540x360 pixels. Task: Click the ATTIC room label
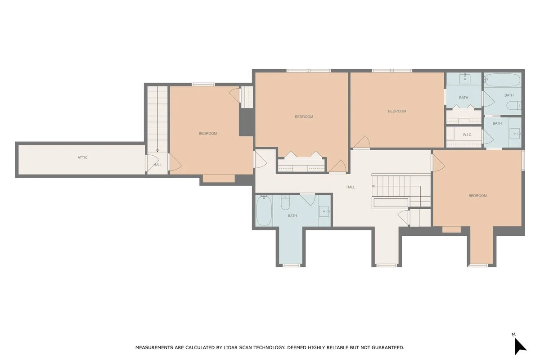click(82, 157)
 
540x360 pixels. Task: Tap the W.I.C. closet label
click(467, 135)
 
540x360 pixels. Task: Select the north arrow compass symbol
click(520, 346)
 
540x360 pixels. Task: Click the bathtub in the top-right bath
click(502, 80)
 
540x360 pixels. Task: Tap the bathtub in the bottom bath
click(264, 211)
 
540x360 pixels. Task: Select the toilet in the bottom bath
click(285, 202)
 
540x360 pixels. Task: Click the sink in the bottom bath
click(324, 211)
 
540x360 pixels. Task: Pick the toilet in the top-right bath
click(513, 105)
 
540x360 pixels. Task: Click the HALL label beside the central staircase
click(351, 187)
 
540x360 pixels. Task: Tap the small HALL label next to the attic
click(158, 165)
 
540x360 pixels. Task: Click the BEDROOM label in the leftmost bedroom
click(207, 133)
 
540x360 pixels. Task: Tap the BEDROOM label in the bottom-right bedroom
click(477, 196)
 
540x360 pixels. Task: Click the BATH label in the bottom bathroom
click(292, 216)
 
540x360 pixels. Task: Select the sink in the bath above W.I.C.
click(465, 79)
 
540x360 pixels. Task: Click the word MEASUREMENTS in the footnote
click(154, 347)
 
